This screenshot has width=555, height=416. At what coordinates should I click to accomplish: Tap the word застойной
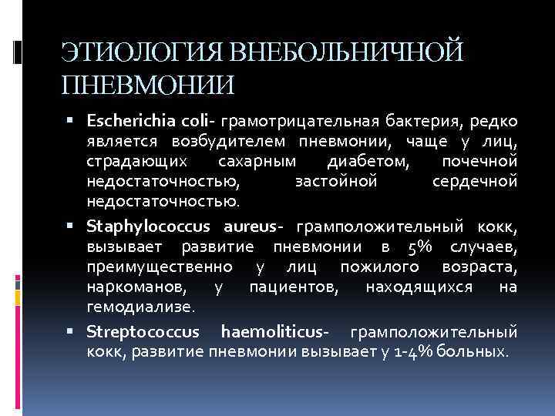336,181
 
